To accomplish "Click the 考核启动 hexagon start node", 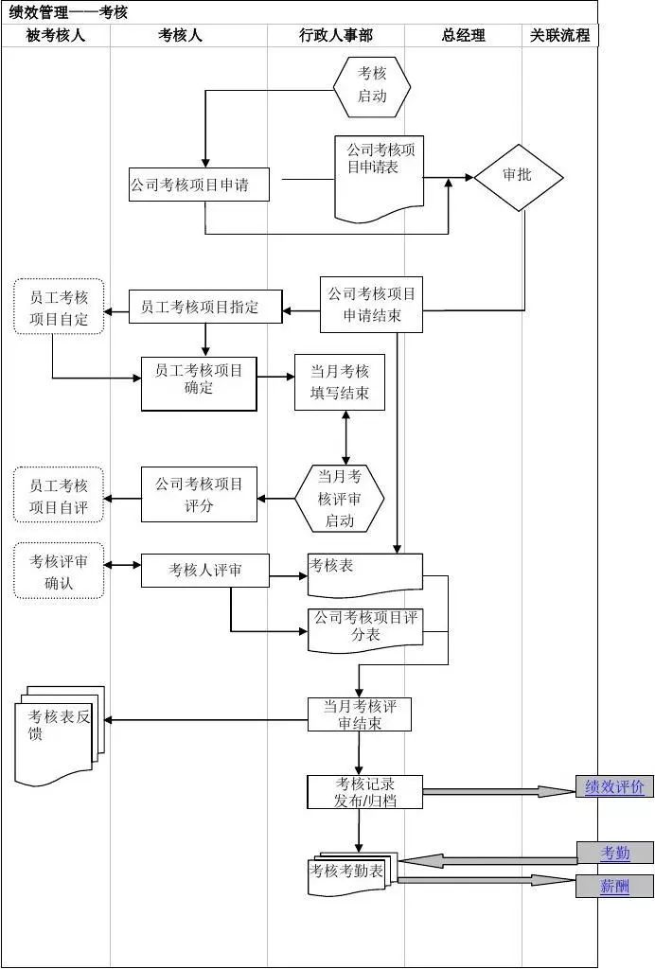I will coord(372,85).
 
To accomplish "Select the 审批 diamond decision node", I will coord(518,177).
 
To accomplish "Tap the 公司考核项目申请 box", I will coord(199,185).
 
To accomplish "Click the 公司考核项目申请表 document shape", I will coord(379,175).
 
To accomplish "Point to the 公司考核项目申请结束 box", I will coord(371,305).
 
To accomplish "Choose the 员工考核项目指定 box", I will coord(205,307).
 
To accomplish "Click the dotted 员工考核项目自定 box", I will coord(59,308).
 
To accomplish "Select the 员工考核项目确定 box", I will coord(199,383).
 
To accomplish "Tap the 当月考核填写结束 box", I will coord(340,382).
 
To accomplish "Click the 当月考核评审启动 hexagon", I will coord(340,498).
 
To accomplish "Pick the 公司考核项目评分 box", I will coord(199,494).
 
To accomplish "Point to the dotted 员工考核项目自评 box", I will coord(59,494).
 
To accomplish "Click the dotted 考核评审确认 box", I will coord(59,572).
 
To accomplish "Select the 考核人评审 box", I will coord(205,571).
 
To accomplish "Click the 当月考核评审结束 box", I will coord(360,714).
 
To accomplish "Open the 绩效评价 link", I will coord(614,787).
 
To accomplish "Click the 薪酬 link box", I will coord(614,887).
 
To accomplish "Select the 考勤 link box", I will coord(614,854).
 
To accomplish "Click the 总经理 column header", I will coord(463,35).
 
